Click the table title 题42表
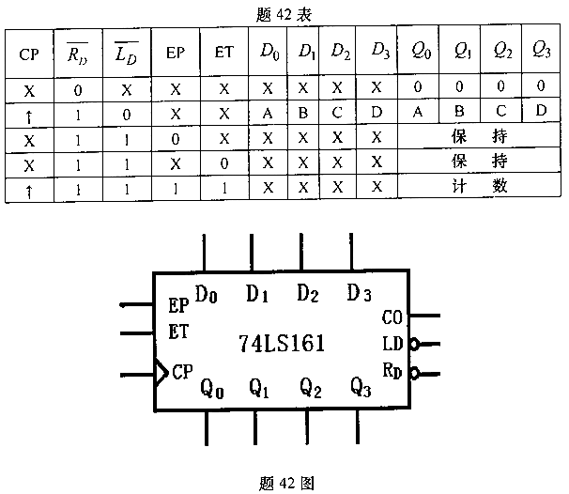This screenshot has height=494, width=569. (283, 16)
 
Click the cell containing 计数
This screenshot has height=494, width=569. (479, 185)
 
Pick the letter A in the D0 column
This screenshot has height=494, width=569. (269, 112)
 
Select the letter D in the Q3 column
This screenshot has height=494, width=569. (540, 111)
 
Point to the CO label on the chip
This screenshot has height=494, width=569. (392, 316)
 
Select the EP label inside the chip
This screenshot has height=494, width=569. (178, 306)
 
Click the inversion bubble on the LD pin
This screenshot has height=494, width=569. (414, 343)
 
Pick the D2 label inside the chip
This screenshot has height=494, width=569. (309, 292)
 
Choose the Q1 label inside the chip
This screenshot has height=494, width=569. (259, 387)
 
